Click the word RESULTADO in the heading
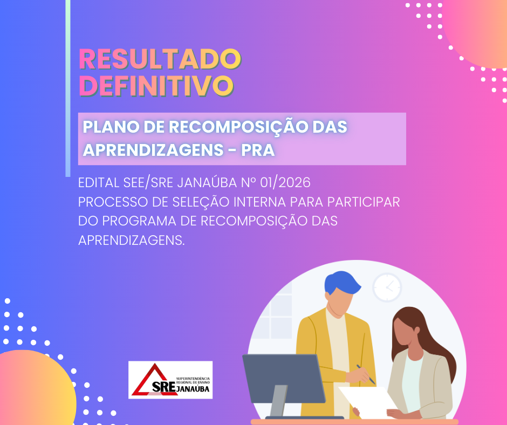click(160, 60)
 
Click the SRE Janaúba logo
click(170, 380)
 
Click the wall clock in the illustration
click(387, 287)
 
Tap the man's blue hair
click(342, 286)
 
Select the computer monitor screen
click(283, 378)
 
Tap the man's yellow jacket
click(313, 345)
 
